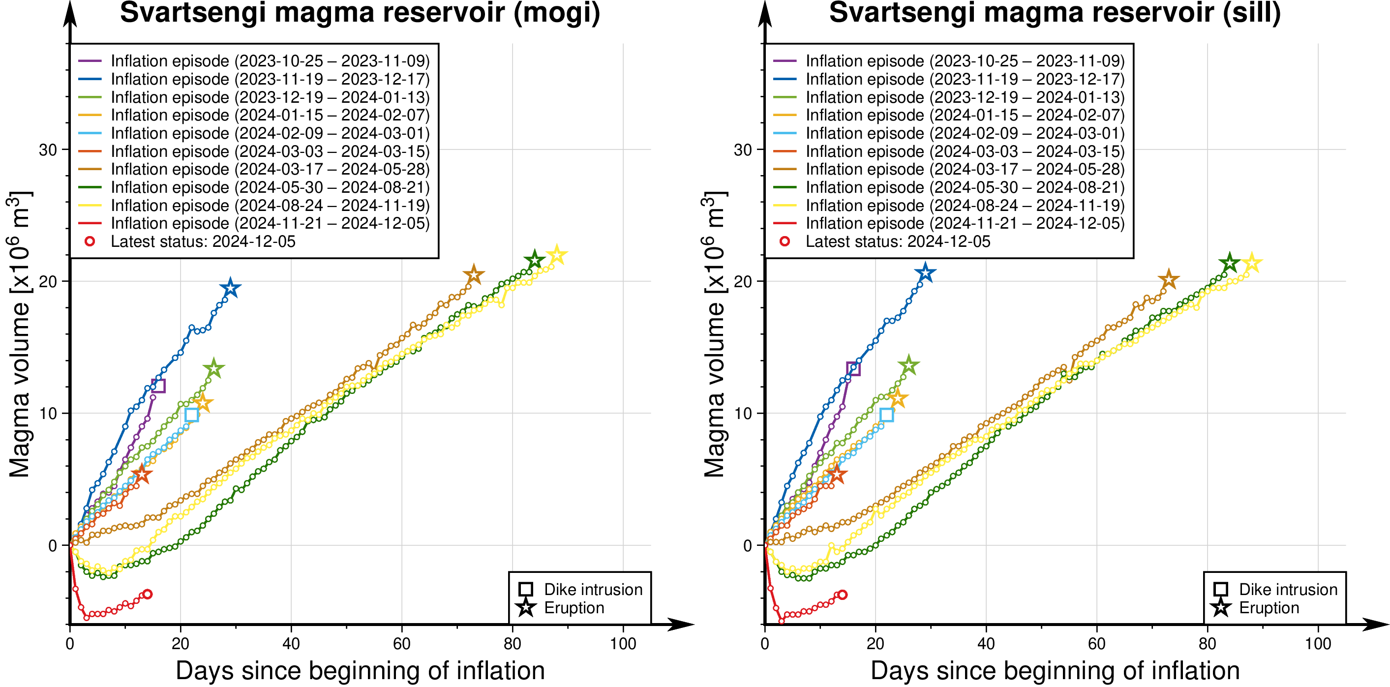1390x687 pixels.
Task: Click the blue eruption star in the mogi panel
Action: click(230, 288)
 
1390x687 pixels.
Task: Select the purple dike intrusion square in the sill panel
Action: click(853, 369)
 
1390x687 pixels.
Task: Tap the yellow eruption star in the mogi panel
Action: click(556, 255)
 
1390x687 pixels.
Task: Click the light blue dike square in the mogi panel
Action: click(191, 415)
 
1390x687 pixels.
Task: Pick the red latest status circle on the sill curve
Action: click(842, 595)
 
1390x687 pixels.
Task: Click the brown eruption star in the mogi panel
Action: click(473, 275)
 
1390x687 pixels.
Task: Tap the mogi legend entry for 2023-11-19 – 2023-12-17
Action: click(270, 79)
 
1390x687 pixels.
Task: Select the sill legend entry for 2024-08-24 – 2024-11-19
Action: click(965, 206)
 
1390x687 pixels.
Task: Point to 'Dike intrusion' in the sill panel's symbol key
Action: click(1288, 589)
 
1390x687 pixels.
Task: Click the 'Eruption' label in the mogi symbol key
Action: click(574, 608)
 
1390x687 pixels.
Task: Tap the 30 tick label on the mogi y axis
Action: click(48, 150)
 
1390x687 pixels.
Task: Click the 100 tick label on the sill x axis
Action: click(1318, 644)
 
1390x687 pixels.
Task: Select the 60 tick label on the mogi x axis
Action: click(401, 644)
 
